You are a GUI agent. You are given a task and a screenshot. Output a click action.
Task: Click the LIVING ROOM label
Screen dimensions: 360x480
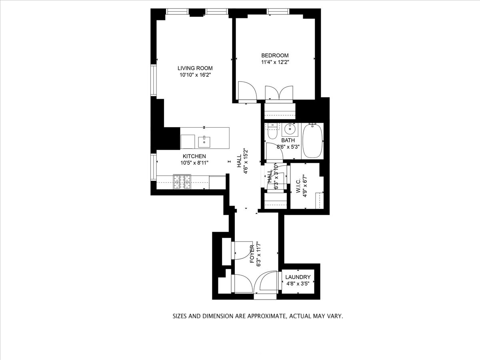coord(195,68)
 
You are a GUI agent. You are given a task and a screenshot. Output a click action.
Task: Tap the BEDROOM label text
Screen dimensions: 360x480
coord(275,56)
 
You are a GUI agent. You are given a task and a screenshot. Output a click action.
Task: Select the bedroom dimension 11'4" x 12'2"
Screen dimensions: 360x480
coord(275,62)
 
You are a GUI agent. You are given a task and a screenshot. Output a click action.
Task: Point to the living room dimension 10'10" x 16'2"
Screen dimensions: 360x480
coord(195,75)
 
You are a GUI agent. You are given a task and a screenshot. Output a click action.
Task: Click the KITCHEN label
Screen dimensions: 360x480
coord(194,156)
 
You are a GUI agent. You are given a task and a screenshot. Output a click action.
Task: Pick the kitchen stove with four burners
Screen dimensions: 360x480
coord(182,182)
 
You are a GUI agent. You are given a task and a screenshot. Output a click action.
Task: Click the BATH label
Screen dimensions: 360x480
coord(288,140)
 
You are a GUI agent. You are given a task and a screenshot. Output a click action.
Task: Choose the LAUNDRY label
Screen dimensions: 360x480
coord(298,277)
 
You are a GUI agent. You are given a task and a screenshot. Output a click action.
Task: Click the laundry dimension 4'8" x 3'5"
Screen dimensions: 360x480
coord(298,284)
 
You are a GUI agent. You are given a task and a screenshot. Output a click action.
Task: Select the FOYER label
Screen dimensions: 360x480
coord(252,254)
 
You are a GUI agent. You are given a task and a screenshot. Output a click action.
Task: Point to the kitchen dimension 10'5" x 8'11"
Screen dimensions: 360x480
coord(194,163)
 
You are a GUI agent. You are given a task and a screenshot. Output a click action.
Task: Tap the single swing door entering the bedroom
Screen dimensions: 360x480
coord(245,91)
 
